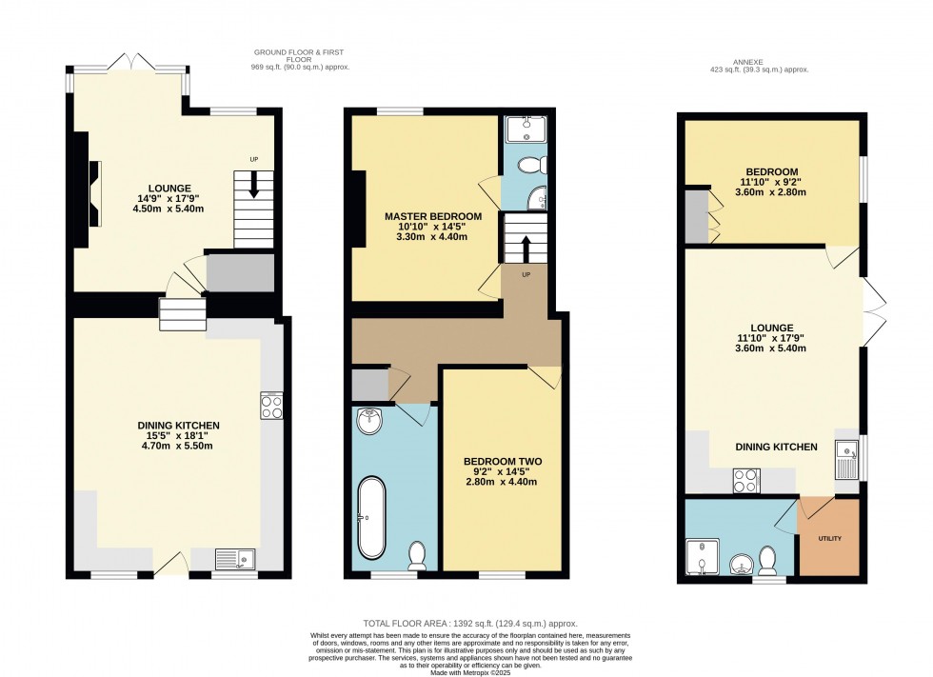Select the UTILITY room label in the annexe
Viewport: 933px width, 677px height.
(830, 539)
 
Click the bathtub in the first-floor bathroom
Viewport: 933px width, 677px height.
(370, 518)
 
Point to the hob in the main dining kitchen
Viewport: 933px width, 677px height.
(271, 407)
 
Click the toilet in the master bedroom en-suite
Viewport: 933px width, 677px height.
(530, 165)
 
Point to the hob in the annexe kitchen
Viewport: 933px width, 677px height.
(745, 481)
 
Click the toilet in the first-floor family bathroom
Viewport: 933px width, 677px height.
(417, 553)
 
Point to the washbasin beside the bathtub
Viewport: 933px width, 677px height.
(368, 420)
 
